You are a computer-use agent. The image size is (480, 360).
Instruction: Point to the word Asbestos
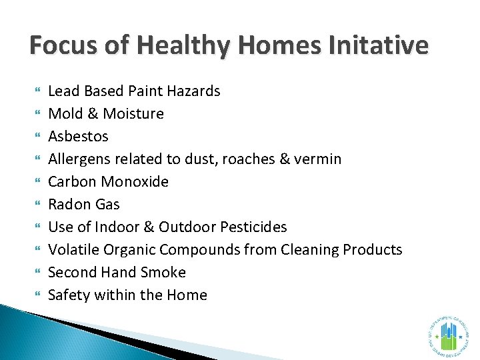(x=79, y=136)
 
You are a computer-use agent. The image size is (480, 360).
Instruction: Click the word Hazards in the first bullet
(x=193, y=91)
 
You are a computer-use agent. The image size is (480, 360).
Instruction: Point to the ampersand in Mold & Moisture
(x=93, y=113)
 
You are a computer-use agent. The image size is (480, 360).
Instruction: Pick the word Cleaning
(x=306, y=249)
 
